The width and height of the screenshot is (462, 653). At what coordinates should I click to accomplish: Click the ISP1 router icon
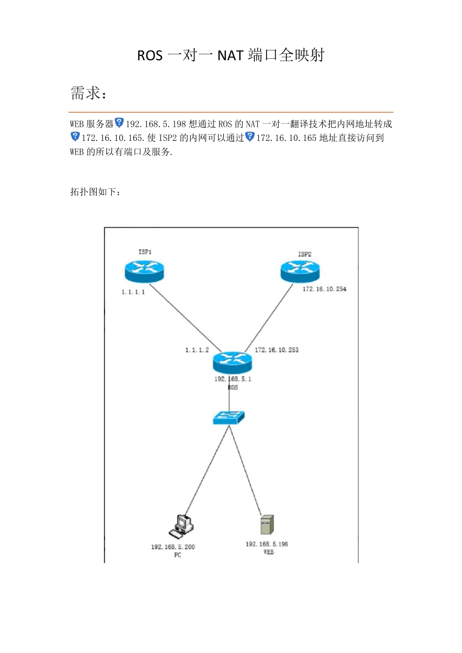tap(144, 272)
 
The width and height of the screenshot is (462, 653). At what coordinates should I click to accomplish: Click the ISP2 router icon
tap(300, 272)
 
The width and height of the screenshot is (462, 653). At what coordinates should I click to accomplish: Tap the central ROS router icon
tap(232, 362)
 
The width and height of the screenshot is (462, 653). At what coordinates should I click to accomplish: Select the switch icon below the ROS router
tap(229, 418)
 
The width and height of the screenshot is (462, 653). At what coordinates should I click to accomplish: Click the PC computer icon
tap(181, 527)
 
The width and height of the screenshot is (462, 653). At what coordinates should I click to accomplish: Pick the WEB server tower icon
tap(267, 525)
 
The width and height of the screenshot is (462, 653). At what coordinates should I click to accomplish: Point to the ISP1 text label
tap(145, 252)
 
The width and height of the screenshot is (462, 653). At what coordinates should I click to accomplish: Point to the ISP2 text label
tap(305, 254)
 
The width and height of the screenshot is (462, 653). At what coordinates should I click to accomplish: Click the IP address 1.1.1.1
tap(133, 292)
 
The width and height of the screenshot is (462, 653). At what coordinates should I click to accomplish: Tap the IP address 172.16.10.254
tap(324, 289)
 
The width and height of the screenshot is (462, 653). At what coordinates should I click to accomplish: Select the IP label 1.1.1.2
tap(197, 350)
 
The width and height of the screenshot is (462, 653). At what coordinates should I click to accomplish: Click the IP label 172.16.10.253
tap(277, 350)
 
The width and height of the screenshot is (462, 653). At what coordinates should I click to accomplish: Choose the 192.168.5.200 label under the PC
tap(173, 547)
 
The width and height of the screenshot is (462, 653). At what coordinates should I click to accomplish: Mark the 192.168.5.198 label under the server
tap(267, 544)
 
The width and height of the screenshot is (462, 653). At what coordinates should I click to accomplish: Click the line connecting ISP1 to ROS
tap(185, 318)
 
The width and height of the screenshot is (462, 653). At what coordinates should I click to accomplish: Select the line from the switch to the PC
tap(207, 470)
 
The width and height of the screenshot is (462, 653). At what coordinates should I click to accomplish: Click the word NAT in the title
tap(231, 55)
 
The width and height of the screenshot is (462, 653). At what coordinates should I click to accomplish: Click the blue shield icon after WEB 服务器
tap(119, 122)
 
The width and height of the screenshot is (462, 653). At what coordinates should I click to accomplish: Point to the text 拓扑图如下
tap(95, 192)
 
